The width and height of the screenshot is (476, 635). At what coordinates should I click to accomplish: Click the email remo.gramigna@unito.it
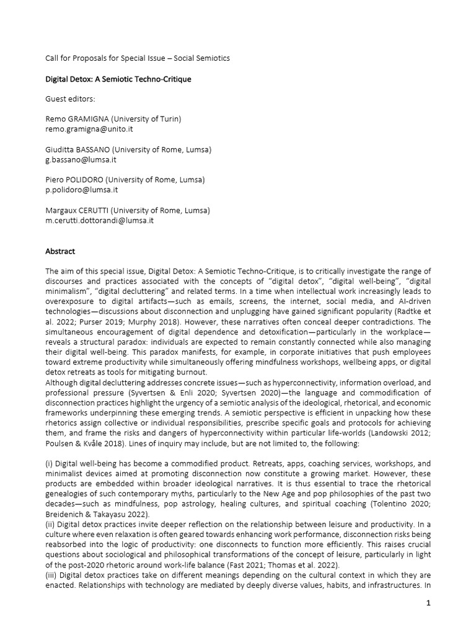[x=89, y=129]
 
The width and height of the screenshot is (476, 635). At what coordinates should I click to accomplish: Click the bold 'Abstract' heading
[x=60, y=252]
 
